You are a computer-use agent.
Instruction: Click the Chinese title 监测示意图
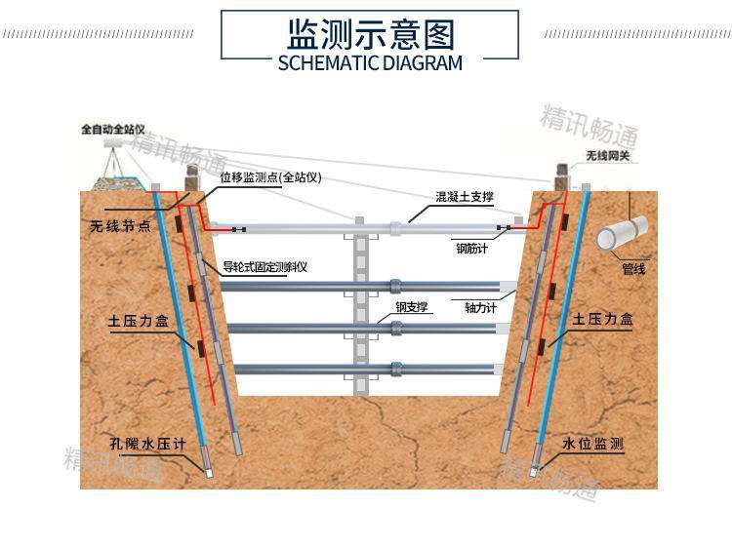pyautogui.click(x=370, y=34)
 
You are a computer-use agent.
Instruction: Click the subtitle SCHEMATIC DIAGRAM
pyautogui.click(x=370, y=63)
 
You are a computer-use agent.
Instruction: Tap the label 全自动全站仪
pyautogui.click(x=113, y=129)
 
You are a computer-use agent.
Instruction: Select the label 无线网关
pyautogui.click(x=607, y=156)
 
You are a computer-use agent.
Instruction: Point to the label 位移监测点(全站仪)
pyautogui.click(x=270, y=177)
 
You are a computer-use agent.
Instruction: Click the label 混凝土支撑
pyautogui.click(x=465, y=197)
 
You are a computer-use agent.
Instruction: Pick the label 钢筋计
pyautogui.click(x=472, y=249)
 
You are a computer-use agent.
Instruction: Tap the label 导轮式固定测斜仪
pyautogui.click(x=264, y=267)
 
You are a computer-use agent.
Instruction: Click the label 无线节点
pyautogui.click(x=120, y=226)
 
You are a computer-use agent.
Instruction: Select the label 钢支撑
pyautogui.click(x=411, y=307)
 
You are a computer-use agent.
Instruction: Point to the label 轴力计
pyautogui.click(x=480, y=308)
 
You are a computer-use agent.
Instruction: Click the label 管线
pyautogui.click(x=633, y=269)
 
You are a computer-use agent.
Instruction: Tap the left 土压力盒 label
pyautogui.click(x=139, y=322)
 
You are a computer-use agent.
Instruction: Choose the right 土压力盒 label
pyautogui.click(x=602, y=320)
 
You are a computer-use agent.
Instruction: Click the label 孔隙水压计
pyautogui.click(x=147, y=444)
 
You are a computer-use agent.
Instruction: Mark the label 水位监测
pyautogui.click(x=592, y=444)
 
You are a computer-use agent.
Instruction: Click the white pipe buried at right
pyautogui.click(x=622, y=233)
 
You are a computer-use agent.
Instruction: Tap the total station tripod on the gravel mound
pyautogui.click(x=112, y=159)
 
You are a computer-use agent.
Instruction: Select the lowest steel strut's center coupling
pyautogui.click(x=397, y=369)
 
